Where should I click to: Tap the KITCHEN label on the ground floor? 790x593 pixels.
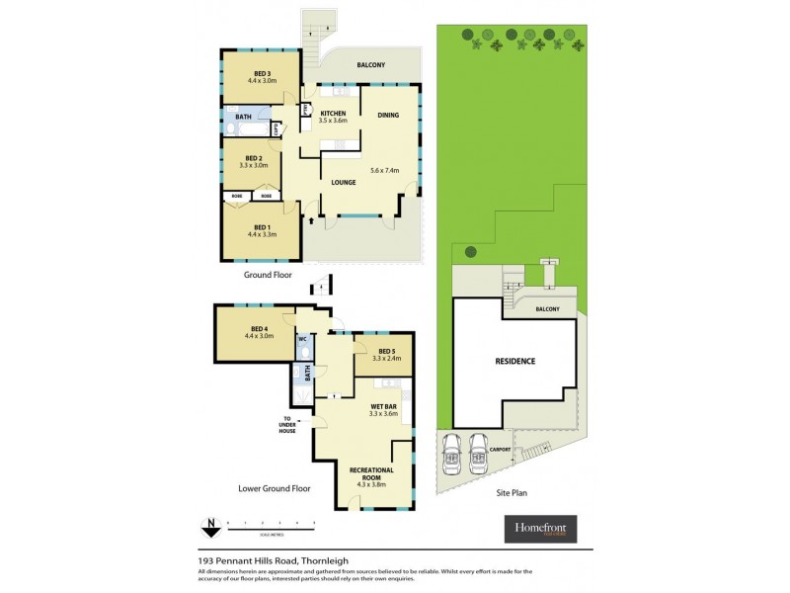tap(333, 115)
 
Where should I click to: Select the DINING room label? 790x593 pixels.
tap(388, 116)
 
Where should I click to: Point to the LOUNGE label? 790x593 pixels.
tap(343, 183)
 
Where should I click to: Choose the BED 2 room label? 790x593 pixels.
tap(254, 158)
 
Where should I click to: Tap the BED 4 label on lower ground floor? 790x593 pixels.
tap(258, 328)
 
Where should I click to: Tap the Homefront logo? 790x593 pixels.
tap(540, 529)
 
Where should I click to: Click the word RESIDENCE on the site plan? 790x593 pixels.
tap(514, 361)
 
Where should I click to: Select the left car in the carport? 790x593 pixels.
tap(453, 455)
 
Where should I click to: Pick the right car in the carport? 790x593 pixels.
tap(479, 455)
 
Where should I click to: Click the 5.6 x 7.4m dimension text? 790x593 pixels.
tap(387, 170)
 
